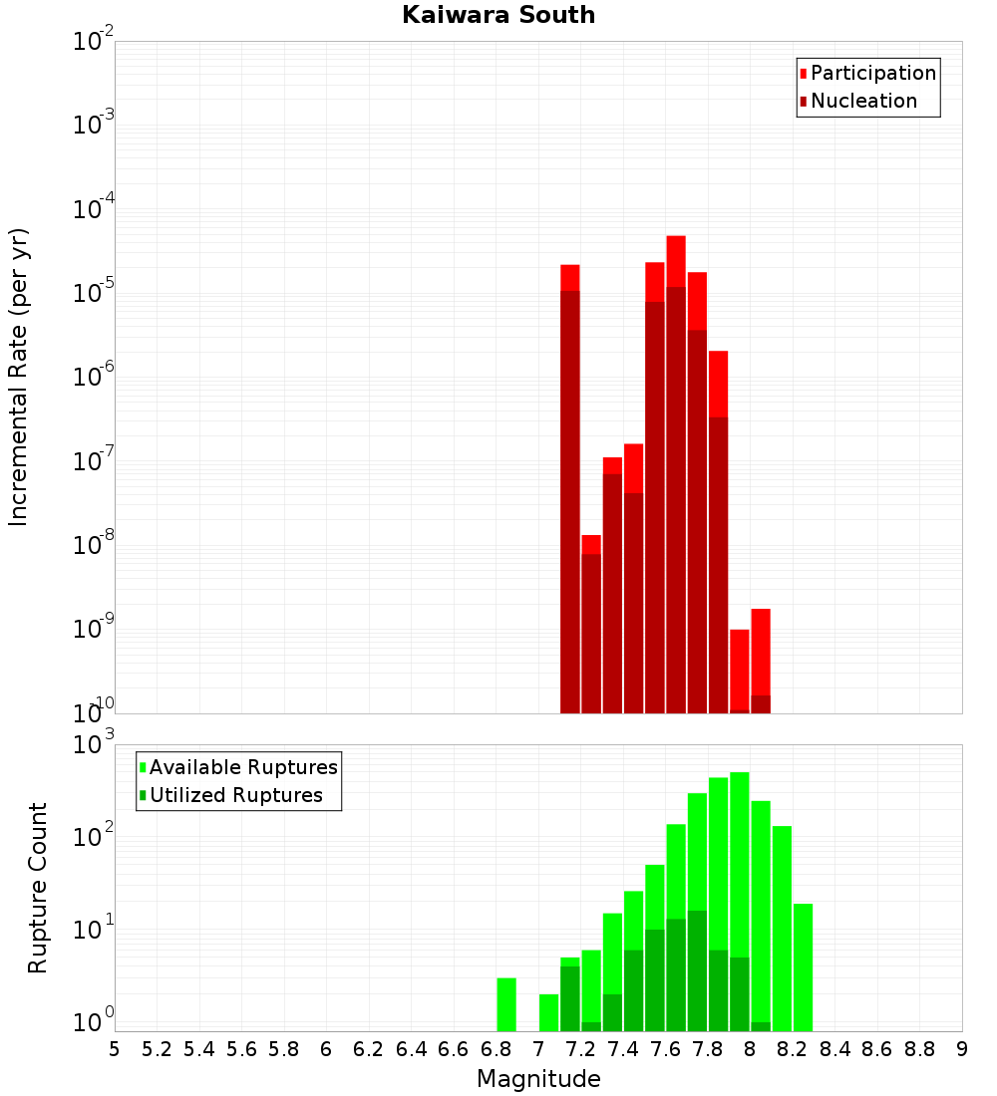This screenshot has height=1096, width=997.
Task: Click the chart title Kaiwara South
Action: [x=498, y=16]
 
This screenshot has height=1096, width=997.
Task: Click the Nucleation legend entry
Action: [x=863, y=102]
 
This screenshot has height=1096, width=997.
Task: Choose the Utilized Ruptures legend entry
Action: [x=235, y=796]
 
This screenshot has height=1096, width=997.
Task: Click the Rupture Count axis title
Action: [x=38, y=888]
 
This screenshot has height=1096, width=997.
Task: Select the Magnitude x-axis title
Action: [x=538, y=1079]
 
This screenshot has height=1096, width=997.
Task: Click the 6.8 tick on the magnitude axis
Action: [x=496, y=1049]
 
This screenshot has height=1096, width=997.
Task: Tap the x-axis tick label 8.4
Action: [x=835, y=1049]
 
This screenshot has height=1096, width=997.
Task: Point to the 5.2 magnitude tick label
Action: [x=157, y=1049]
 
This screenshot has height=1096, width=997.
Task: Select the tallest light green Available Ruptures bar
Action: [x=740, y=897]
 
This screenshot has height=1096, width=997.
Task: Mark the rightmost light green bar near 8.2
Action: [x=804, y=966]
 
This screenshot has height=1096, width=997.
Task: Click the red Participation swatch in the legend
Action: [x=803, y=74]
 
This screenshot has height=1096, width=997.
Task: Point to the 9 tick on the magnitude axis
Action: [x=962, y=1049]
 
